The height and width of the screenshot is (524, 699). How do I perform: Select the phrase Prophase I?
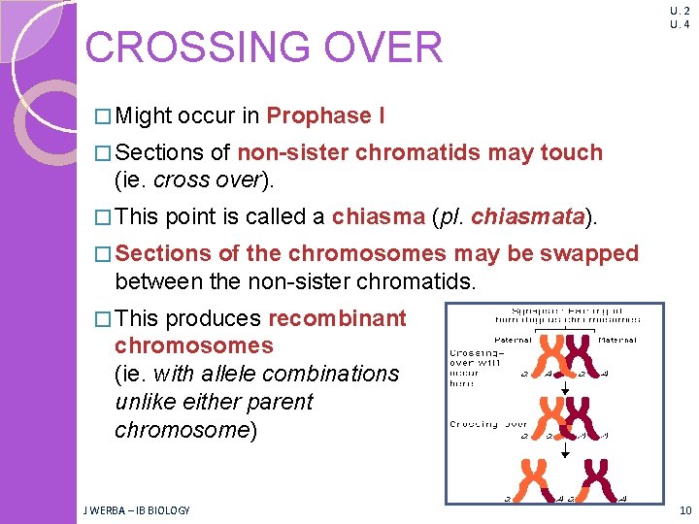[x=325, y=116]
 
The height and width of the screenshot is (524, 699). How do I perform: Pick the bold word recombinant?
[x=338, y=318]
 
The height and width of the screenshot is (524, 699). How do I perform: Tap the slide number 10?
[x=685, y=509]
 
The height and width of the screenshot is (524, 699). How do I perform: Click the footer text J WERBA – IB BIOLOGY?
[x=136, y=509]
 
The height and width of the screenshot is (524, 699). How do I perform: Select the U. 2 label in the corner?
[x=679, y=11]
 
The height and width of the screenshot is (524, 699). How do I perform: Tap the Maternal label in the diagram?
[x=617, y=340]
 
